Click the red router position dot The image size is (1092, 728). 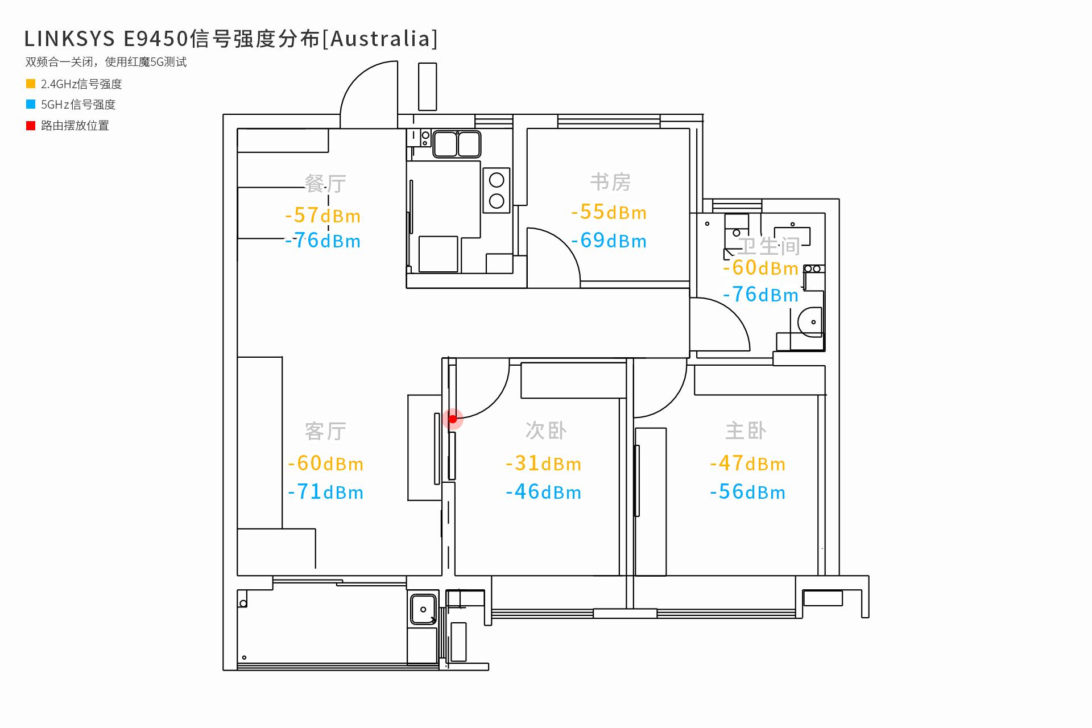click(x=453, y=419)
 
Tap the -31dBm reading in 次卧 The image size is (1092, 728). click(x=543, y=464)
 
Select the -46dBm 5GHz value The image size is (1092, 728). click(x=543, y=492)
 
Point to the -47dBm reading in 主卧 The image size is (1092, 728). click(x=747, y=464)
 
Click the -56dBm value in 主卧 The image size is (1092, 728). click(x=747, y=492)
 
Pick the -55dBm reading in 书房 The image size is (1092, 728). click(x=609, y=212)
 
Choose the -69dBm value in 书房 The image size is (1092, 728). click(x=609, y=241)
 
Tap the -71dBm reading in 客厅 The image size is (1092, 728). click(x=325, y=492)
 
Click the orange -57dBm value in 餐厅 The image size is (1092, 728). click(x=322, y=216)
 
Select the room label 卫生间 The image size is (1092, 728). click(x=768, y=246)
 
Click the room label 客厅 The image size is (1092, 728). click(x=325, y=431)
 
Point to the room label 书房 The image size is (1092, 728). click(x=610, y=182)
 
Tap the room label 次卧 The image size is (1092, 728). click(x=546, y=431)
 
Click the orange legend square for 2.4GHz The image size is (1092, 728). click(x=31, y=84)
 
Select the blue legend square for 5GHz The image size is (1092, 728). click(x=31, y=104)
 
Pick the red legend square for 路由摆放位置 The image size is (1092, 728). click(x=31, y=125)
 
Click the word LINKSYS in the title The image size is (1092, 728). click(x=69, y=39)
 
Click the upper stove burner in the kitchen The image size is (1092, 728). click(x=497, y=180)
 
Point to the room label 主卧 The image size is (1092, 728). click(x=746, y=431)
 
